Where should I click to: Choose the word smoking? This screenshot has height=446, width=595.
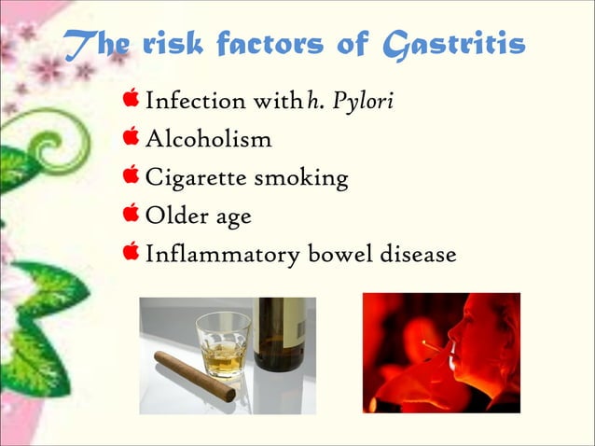303,178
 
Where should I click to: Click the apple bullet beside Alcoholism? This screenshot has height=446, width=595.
131,137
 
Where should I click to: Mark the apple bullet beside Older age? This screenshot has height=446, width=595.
131,214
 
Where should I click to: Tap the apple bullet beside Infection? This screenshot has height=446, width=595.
131,98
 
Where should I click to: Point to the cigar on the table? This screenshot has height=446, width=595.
194,376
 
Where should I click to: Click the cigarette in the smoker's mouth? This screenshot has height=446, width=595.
436,346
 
